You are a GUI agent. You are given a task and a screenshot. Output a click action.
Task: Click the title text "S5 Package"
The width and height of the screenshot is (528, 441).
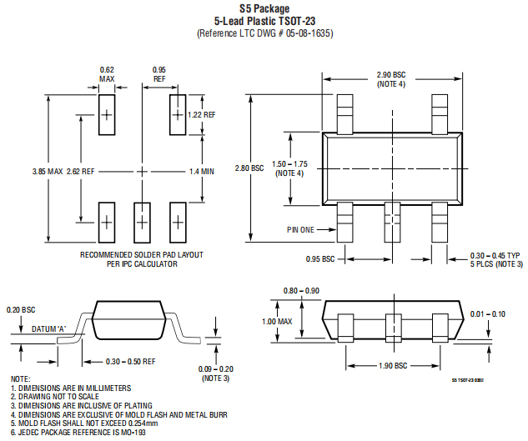click(x=264, y=8)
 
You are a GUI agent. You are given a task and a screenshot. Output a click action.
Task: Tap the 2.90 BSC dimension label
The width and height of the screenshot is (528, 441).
click(x=391, y=75)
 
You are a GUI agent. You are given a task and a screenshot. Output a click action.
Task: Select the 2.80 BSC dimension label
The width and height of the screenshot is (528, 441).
click(x=249, y=168)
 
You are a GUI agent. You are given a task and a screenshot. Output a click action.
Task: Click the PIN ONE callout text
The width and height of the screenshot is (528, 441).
click(x=300, y=229)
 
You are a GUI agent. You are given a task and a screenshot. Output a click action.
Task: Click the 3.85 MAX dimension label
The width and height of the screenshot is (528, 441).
click(x=48, y=172)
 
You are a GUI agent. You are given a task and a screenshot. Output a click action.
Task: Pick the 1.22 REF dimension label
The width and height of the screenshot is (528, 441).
click(x=202, y=115)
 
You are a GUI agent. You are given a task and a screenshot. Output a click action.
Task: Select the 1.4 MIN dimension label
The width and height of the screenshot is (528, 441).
click(x=202, y=172)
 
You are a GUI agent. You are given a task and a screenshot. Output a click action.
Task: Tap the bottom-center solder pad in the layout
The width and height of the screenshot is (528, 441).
click(x=142, y=223)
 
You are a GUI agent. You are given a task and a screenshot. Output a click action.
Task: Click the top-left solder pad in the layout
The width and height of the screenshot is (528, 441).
click(x=107, y=115)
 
